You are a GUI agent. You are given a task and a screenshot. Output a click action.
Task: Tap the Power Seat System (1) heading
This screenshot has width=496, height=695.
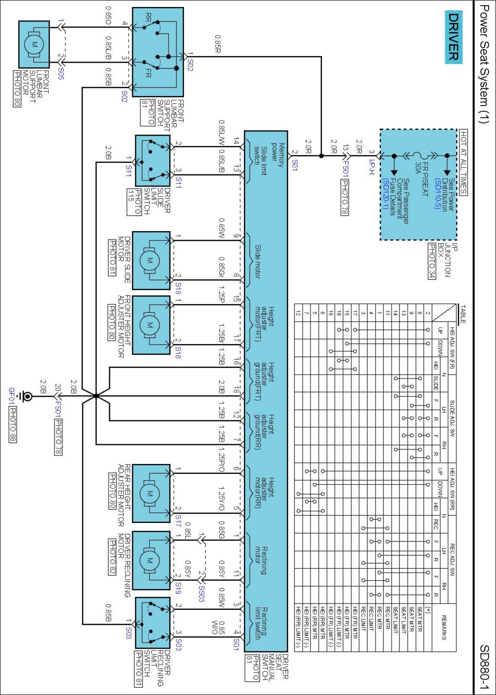484,64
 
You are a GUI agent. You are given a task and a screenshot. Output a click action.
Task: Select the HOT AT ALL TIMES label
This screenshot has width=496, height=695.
463,163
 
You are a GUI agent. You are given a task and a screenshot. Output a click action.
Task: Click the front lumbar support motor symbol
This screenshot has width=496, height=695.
34,44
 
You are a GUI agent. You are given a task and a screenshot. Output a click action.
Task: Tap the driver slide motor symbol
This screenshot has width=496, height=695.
150,261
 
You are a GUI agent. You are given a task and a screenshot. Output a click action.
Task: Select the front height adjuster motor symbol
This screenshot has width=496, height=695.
150,325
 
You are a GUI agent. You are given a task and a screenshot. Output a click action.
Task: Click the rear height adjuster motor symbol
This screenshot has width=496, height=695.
150,493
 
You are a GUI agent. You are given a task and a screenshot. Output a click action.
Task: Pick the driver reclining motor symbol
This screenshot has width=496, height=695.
150,561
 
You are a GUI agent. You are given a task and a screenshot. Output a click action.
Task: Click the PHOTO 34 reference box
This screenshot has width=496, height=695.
432,261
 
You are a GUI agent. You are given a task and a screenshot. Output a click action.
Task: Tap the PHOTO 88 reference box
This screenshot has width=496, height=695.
13,425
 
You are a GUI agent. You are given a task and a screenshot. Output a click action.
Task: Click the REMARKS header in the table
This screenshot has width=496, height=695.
444,628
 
